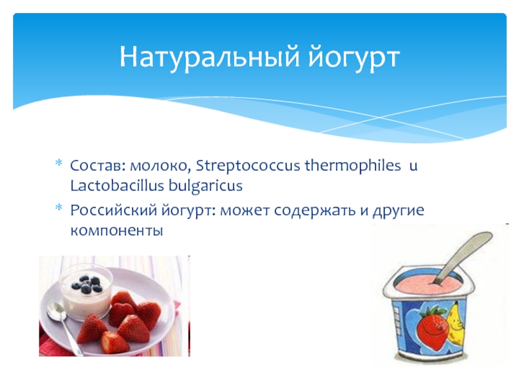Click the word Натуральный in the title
[x=210, y=57]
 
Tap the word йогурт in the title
[x=354, y=57]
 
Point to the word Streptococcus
[x=248, y=166]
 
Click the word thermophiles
[x=353, y=165]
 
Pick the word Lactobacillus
[x=117, y=185]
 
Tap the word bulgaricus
[x=206, y=186]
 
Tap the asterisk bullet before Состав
[x=58, y=163]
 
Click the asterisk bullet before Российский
[x=58, y=207]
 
